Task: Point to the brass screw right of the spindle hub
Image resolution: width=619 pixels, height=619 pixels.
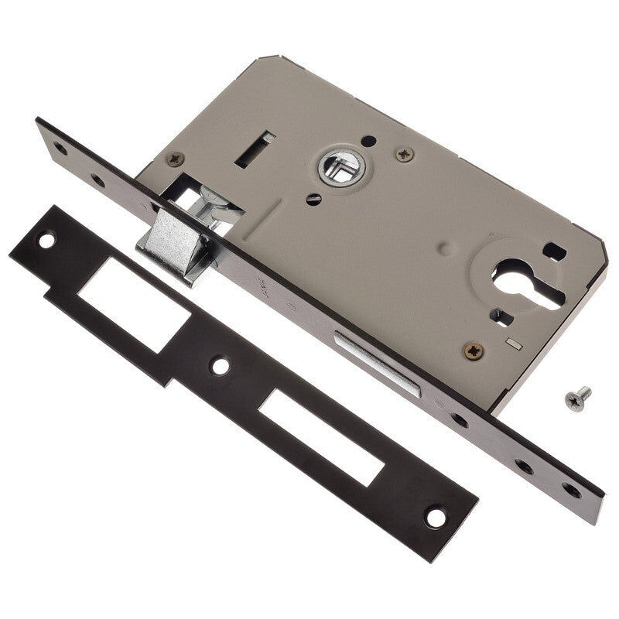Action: tap(404, 155)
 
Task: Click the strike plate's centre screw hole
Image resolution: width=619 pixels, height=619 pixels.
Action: tap(221, 365)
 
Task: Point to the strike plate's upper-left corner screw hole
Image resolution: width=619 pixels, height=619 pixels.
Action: tap(46, 241)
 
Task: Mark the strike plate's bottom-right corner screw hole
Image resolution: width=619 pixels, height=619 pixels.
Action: tap(436, 517)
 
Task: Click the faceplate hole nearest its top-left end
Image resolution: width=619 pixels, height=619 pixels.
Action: tap(60, 148)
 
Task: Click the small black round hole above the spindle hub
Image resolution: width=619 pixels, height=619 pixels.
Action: tap(369, 140)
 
